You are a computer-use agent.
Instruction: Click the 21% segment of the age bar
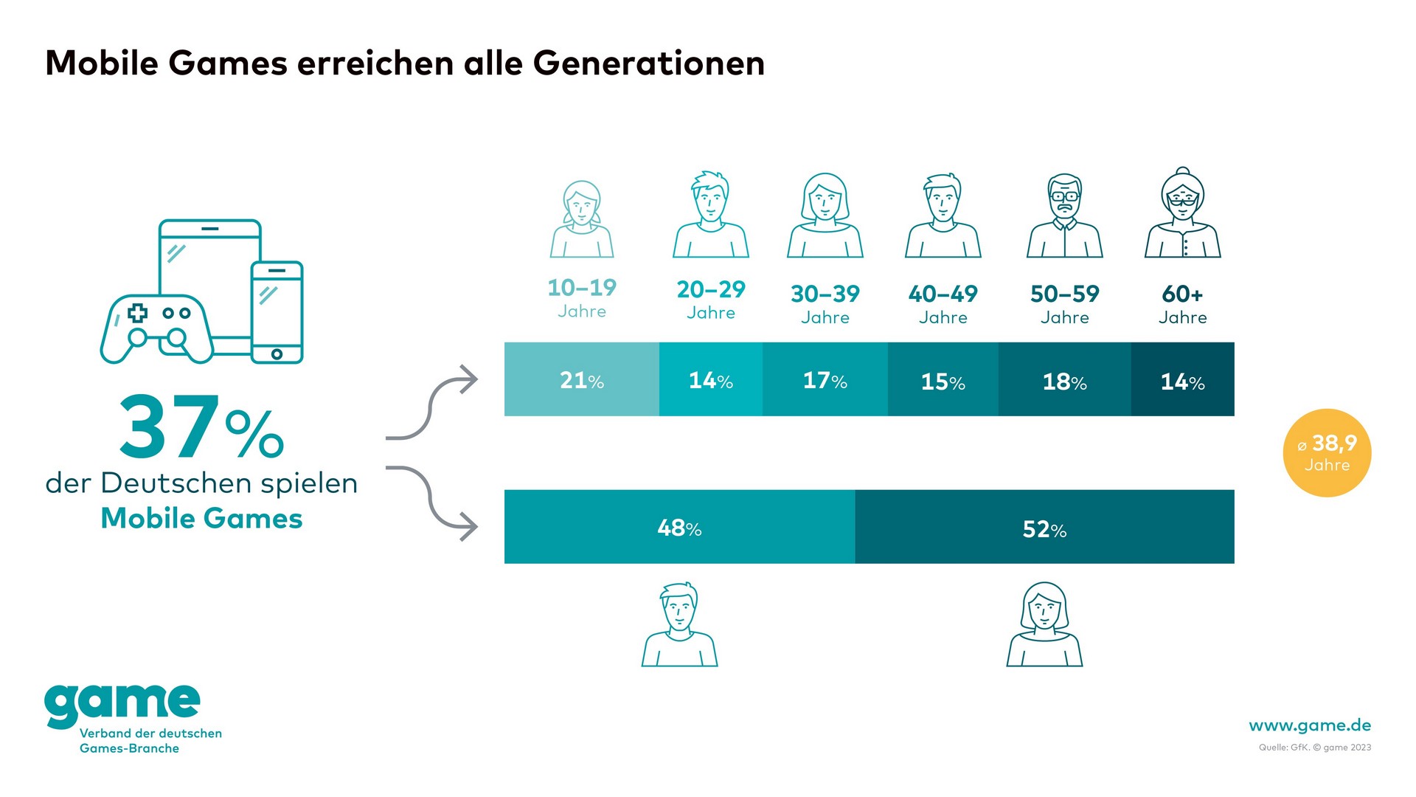coord(582,379)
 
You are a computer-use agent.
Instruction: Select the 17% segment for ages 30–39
coord(825,379)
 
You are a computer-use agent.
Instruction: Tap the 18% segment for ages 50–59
coord(1064,379)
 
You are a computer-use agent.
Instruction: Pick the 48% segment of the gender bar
coord(679,527)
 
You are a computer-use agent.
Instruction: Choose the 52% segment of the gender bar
coord(1044,527)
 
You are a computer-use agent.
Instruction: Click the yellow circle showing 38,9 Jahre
coord(1327,452)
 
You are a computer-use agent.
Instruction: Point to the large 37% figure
coord(201,428)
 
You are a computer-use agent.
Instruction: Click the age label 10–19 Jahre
coord(582,298)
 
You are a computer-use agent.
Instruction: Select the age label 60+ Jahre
coord(1182,304)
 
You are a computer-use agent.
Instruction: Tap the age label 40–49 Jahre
coord(943,304)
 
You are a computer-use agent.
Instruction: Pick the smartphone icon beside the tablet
coord(277,312)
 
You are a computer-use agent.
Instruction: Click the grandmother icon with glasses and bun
coord(1182,213)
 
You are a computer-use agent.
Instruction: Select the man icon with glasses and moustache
coord(1064,215)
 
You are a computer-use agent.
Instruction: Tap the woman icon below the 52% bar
coord(1044,625)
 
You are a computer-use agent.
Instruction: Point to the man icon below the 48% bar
coord(679,625)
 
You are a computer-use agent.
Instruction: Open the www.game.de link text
coord(1310,725)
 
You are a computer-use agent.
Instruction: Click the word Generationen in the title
coord(649,63)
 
